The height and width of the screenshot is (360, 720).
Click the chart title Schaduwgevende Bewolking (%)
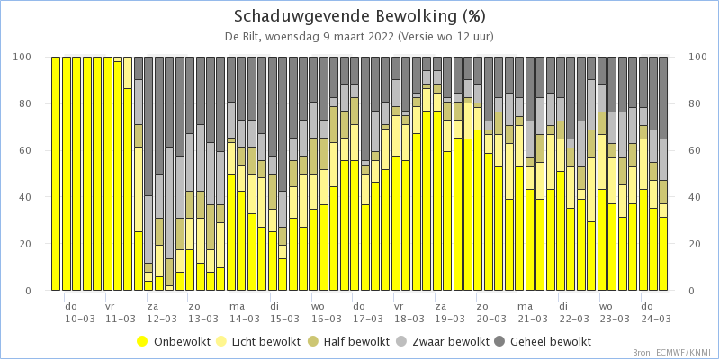tap(359, 16)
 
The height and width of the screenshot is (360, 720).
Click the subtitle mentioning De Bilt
tap(359, 36)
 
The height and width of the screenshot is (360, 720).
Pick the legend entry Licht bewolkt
tap(265, 341)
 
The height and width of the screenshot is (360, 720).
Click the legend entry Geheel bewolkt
tap(550, 341)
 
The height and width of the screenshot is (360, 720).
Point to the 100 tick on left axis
tap(24, 57)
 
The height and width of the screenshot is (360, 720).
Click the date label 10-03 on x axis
tap(80, 318)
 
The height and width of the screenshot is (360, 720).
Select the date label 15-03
tap(285, 318)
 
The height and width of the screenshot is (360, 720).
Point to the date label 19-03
tap(449, 318)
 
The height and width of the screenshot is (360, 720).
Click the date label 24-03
tap(654, 318)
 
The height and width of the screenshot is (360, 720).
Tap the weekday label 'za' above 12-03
tap(152, 306)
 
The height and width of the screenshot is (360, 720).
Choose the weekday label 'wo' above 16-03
tap(317, 306)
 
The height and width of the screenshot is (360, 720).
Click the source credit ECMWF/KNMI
tap(670, 352)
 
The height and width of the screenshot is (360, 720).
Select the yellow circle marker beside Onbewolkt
tap(142, 341)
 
